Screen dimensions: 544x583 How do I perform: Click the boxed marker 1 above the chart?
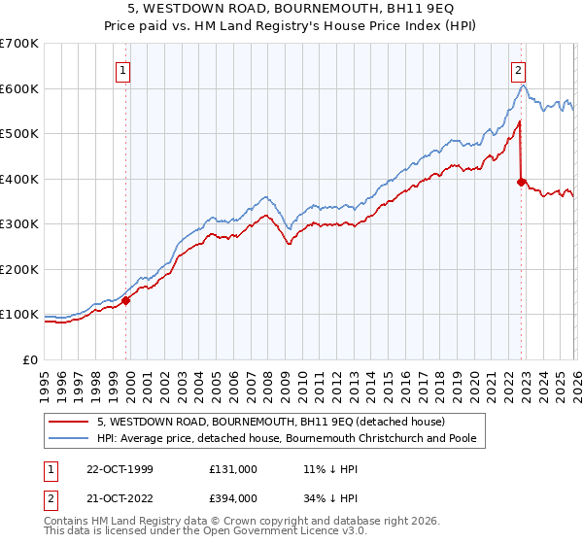124,69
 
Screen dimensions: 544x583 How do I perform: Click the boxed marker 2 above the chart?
519,69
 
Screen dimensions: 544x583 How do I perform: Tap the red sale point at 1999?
125,300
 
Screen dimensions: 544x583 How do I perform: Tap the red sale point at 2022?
522,181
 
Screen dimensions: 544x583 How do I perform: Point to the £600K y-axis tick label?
19,88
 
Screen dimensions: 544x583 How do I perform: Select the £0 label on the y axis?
31,360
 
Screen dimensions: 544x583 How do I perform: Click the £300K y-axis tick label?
19,224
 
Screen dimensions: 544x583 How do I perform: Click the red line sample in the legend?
69,423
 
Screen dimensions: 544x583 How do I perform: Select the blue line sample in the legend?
69,438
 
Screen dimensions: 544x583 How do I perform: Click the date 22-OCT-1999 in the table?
118,468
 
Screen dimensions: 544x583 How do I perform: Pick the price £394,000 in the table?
232,497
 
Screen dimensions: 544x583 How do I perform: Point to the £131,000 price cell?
232,468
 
